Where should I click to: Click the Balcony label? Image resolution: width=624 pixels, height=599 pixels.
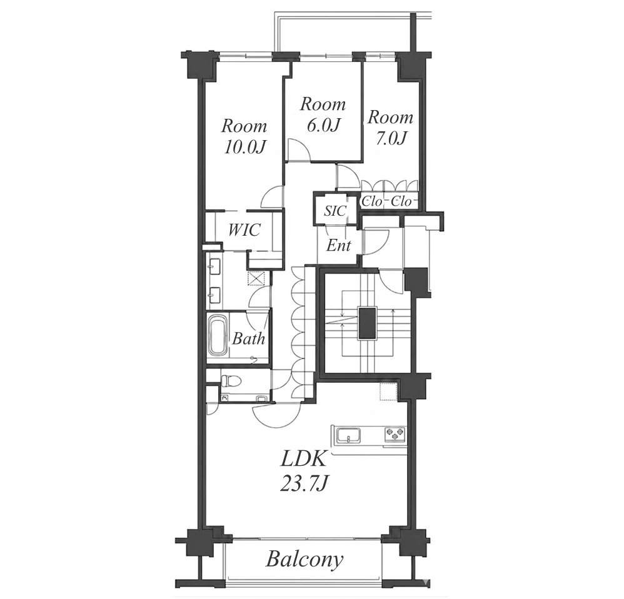pyautogui.click(x=304, y=559)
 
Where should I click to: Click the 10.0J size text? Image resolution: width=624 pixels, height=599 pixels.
pyautogui.click(x=244, y=148)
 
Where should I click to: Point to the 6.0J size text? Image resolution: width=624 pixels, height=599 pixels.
pyautogui.click(x=323, y=126)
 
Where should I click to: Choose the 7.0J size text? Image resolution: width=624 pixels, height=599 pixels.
pyautogui.click(x=391, y=138)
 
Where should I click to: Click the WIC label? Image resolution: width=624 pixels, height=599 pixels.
pyautogui.click(x=244, y=230)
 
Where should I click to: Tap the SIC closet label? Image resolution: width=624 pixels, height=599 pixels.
pyautogui.click(x=335, y=211)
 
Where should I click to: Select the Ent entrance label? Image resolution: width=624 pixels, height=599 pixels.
pyautogui.click(x=339, y=246)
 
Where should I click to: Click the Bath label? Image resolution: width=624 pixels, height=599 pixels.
pyautogui.click(x=248, y=339)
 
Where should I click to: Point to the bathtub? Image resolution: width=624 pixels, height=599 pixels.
pyautogui.click(x=218, y=335)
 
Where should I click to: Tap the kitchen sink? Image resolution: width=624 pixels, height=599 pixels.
pyautogui.click(x=349, y=435)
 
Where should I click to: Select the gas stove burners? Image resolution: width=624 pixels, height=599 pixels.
pyautogui.click(x=395, y=434)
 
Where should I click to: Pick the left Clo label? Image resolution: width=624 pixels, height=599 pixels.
pyautogui.click(x=371, y=201)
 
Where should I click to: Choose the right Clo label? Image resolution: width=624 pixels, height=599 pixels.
pyautogui.click(x=401, y=201)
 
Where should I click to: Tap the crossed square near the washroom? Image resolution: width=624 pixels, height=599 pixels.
pyautogui.click(x=256, y=278)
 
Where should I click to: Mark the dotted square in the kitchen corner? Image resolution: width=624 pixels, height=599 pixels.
pyautogui.click(x=388, y=391)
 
